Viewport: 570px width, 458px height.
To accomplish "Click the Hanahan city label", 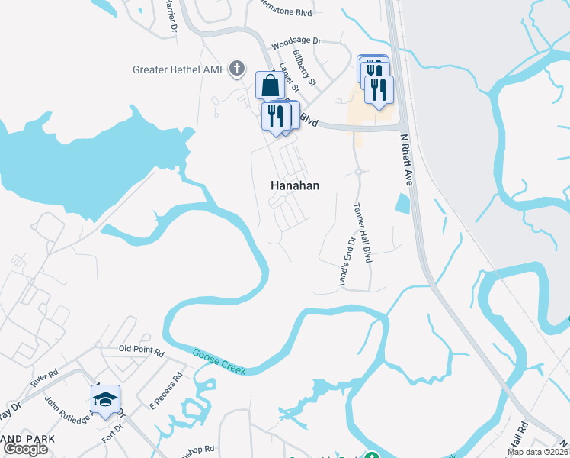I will point(295,185).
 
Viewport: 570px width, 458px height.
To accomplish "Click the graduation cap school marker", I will point(105,399).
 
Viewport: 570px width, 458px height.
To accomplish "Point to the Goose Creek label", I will point(219,361).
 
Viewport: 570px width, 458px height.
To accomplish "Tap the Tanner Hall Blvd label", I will point(362,232).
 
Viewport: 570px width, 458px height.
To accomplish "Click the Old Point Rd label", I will point(141,350).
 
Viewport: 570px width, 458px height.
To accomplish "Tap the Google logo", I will point(25,449).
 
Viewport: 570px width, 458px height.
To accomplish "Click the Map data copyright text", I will point(538,452).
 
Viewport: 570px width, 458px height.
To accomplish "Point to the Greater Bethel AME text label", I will point(179,69).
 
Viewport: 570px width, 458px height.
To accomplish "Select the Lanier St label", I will point(287,75).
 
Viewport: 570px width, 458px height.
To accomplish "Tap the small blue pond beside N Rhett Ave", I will point(402,204).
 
